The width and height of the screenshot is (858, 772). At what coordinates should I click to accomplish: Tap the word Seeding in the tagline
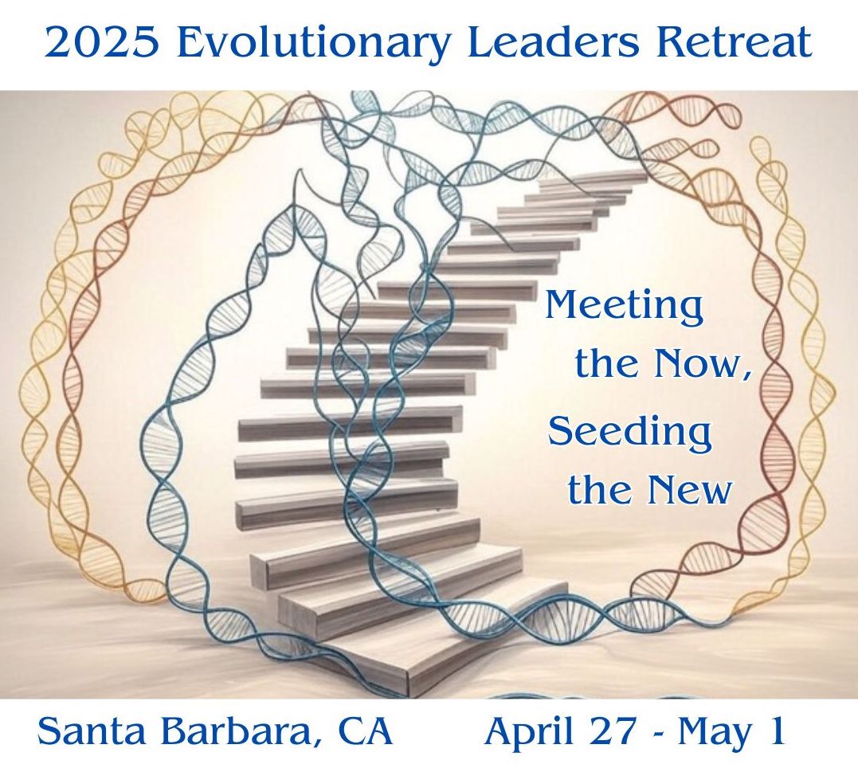point(630,432)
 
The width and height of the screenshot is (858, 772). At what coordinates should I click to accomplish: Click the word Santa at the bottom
point(92,731)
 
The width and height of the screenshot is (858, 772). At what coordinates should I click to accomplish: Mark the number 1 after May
point(776,731)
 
